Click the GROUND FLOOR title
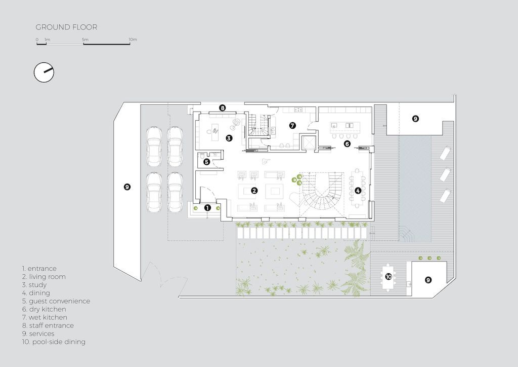(x=66, y=27)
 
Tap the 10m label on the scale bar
(x=133, y=40)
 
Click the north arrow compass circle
(x=44, y=72)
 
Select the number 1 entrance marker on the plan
(x=207, y=207)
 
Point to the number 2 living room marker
(x=254, y=191)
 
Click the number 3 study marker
(x=229, y=137)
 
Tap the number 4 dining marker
(x=358, y=191)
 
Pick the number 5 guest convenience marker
(x=206, y=162)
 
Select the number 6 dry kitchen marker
(x=347, y=144)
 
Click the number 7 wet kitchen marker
(x=292, y=125)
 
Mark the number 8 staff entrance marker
(x=222, y=107)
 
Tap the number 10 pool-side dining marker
(x=388, y=277)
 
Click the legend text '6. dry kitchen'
(x=44, y=309)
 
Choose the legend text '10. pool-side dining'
(x=54, y=342)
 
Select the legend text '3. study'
(x=34, y=285)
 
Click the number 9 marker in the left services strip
(x=127, y=187)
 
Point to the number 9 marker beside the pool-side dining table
(x=428, y=280)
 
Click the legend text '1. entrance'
(x=39, y=269)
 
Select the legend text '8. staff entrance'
(x=48, y=325)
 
